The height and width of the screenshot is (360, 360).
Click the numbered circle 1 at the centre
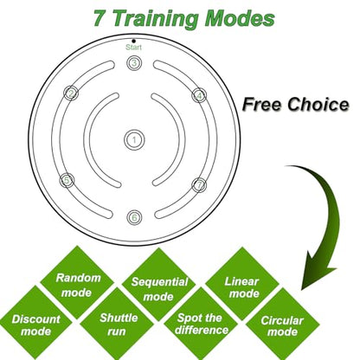tap(134, 140)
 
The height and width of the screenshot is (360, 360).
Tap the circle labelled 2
tap(71, 93)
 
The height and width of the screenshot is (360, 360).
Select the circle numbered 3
tap(134, 63)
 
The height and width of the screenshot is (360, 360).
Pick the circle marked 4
tap(199, 95)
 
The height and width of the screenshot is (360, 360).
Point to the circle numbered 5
tap(67, 180)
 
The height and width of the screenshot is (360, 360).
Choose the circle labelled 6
tap(134, 217)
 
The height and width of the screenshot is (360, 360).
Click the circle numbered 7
tap(199, 185)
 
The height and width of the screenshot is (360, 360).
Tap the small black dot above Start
tap(133, 41)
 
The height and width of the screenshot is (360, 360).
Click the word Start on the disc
tap(133, 48)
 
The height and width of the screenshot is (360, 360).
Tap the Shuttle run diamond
tap(117, 324)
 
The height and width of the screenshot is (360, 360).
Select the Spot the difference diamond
tap(201, 324)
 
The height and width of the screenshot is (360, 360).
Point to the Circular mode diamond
tap(283, 325)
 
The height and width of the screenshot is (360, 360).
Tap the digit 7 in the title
tap(100, 19)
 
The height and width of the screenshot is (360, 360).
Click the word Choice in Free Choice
tap(318, 104)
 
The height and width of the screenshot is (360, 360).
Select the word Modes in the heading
tap(240, 19)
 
